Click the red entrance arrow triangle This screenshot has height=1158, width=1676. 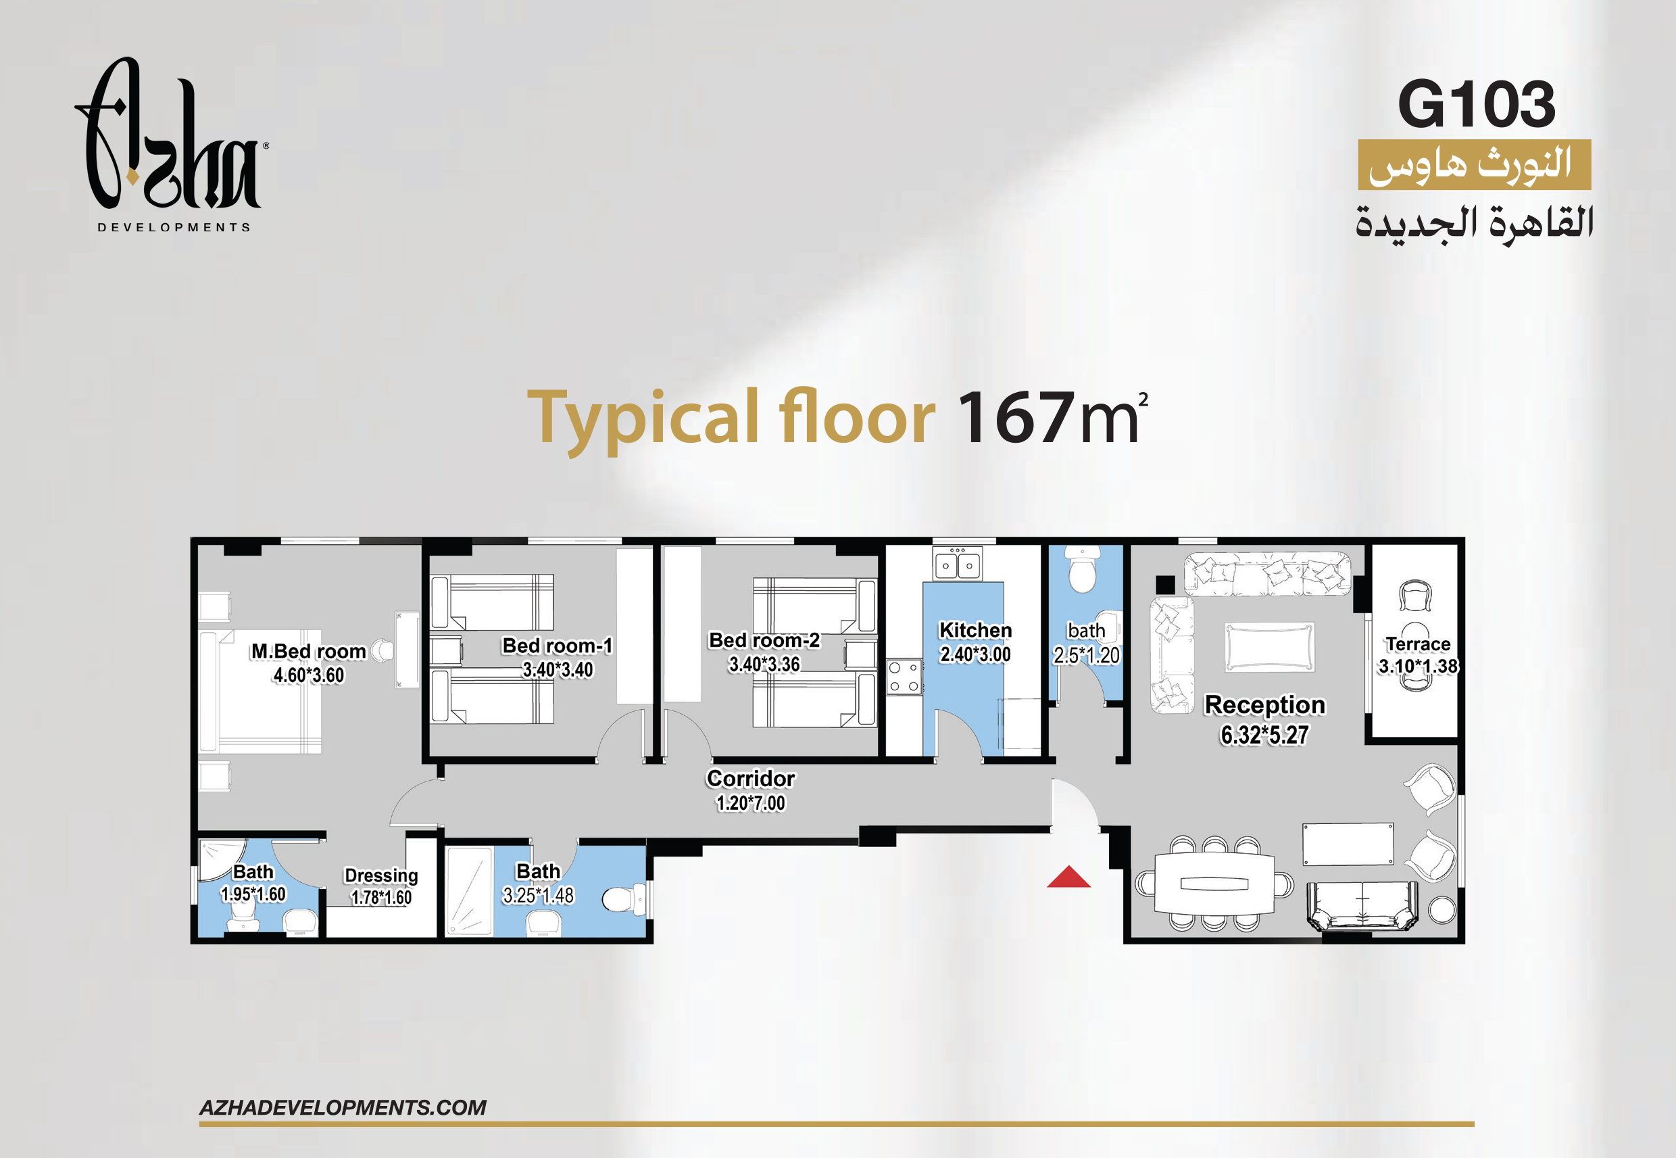(1068, 877)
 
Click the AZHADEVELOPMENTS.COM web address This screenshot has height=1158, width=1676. (343, 1107)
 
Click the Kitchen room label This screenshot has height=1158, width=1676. (975, 630)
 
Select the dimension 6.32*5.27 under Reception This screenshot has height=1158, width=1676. (1265, 735)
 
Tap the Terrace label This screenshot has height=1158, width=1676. (1418, 644)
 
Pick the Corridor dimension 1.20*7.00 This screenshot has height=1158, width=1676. (751, 803)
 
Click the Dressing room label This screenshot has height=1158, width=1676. (381, 875)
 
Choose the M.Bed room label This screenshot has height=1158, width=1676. (308, 651)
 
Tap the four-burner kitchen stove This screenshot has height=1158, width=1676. (904, 676)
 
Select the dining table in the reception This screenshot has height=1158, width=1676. (1214, 884)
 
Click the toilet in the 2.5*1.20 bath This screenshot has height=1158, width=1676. (1083, 571)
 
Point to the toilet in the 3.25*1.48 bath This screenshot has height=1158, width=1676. (624, 900)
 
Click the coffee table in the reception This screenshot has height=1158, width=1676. (1270, 647)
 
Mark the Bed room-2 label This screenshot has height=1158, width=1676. (764, 640)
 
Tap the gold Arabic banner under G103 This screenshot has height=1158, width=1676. (1475, 165)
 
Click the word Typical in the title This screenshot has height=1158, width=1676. (643, 419)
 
